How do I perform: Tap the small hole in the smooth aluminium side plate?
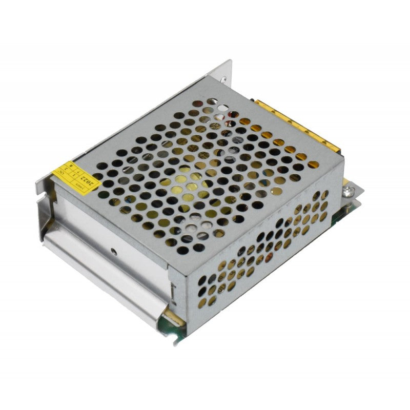[113, 252]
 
